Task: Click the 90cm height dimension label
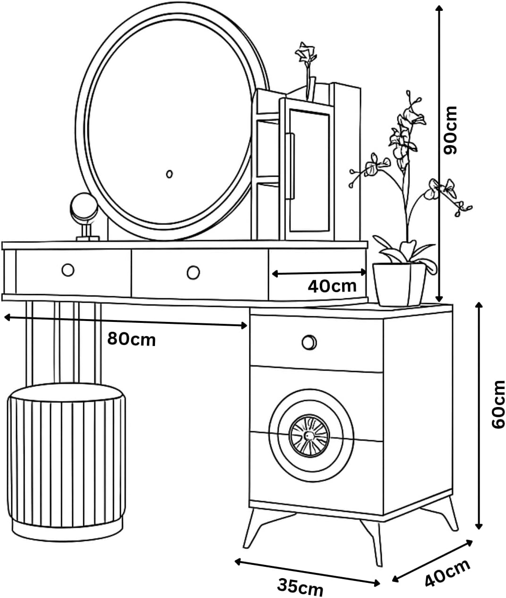coord(451,130)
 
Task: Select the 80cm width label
coord(131,339)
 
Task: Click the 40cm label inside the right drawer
coord(332,286)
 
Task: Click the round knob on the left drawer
coord(68,270)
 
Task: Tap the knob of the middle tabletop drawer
coord(193,273)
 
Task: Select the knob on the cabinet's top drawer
coord(309,342)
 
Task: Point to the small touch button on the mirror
coord(170,174)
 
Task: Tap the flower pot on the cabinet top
coord(400,285)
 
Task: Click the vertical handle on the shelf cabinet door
coord(290,166)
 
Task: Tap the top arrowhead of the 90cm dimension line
coord(439,8)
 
